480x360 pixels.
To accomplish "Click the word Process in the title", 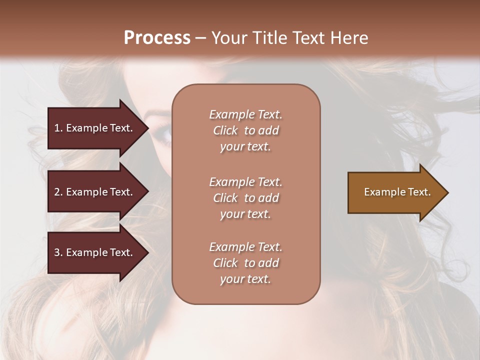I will pyautogui.click(x=157, y=38).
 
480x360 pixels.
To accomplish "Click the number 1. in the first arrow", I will pyautogui.click(x=58, y=128).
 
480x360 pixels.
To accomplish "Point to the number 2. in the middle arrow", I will pyautogui.click(x=58, y=192).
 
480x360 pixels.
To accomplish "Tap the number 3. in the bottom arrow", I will pyautogui.click(x=58, y=252).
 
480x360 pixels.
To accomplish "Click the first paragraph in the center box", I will pyautogui.click(x=245, y=130).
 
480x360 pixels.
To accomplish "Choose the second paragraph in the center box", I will pyautogui.click(x=245, y=198).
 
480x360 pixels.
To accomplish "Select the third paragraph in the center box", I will pyautogui.click(x=245, y=263).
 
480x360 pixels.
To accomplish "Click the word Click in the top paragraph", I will pyautogui.click(x=225, y=130).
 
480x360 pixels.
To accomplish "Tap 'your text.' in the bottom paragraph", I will pyautogui.click(x=245, y=279).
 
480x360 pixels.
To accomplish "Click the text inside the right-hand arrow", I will pyautogui.click(x=397, y=192).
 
